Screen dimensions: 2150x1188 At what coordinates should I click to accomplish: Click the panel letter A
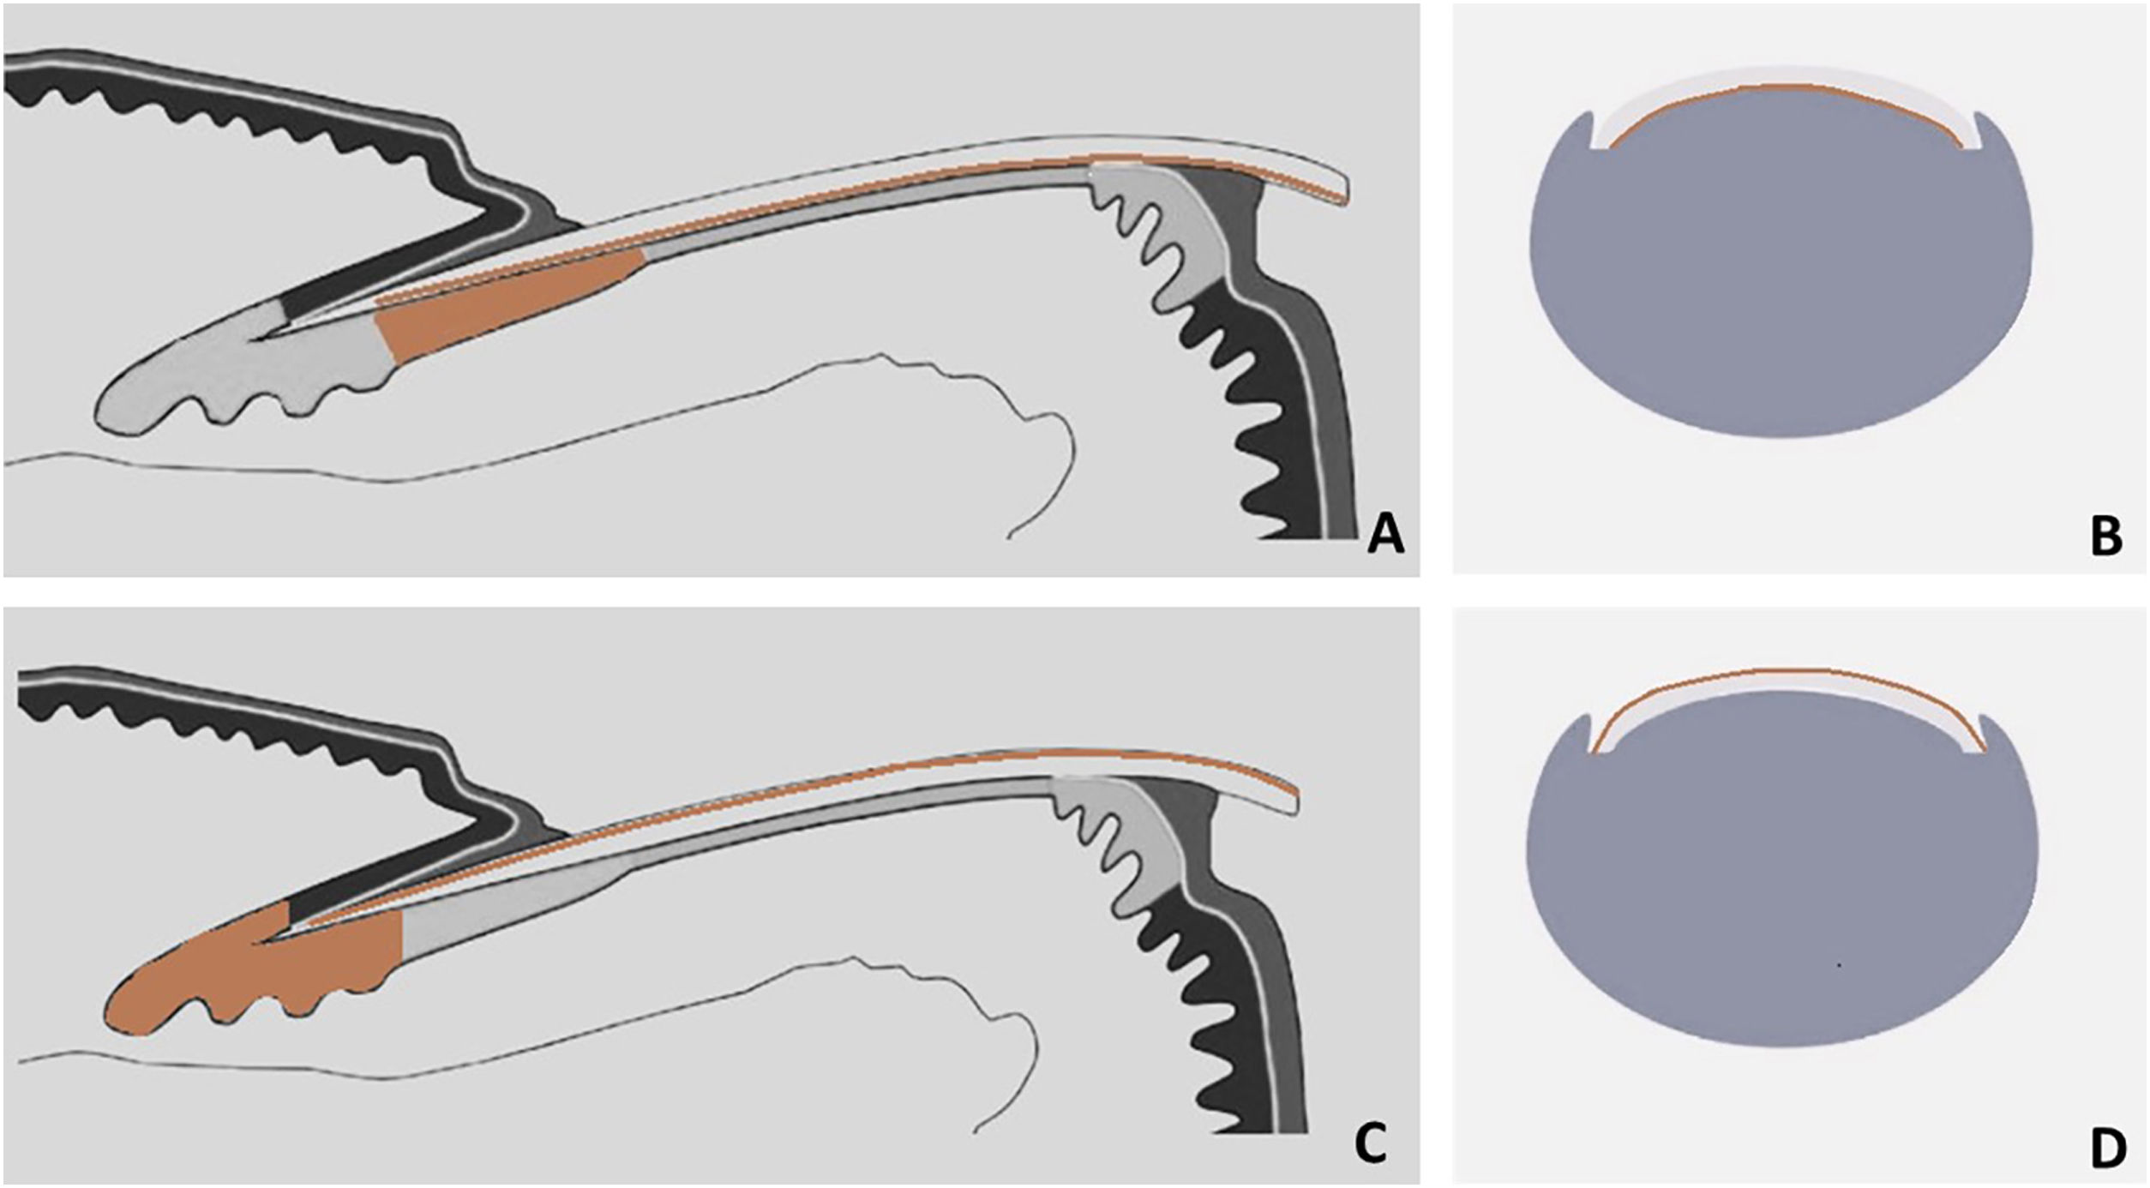[1385, 536]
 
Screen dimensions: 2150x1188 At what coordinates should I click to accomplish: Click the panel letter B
[2105, 536]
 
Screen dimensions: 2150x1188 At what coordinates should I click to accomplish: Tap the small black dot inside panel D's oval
[1838, 966]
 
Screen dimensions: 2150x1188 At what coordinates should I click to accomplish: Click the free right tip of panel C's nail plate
[1295, 803]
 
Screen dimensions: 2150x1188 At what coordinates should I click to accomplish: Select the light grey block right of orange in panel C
[506, 909]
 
